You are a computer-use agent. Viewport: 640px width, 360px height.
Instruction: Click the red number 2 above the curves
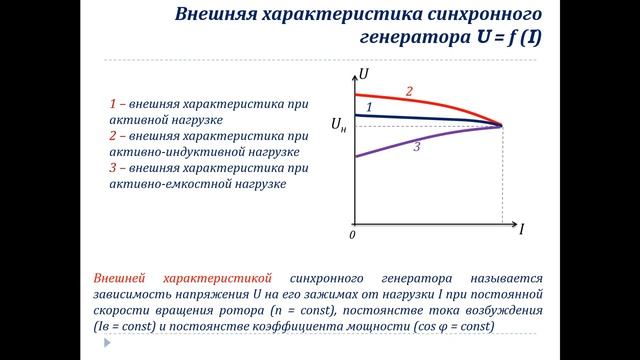(x=409, y=91)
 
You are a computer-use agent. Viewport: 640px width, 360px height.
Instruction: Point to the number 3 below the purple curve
(x=416, y=147)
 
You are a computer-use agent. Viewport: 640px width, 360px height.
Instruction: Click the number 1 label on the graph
(x=369, y=106)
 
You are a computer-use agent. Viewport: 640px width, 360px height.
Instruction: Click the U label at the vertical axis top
(x=364, y=73)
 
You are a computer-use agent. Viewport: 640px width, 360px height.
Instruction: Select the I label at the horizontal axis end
(x=521, y=229)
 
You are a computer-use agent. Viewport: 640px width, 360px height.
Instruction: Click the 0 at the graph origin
(x=352, y=235)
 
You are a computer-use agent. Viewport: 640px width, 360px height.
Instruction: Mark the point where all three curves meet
(x=501, y=125)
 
